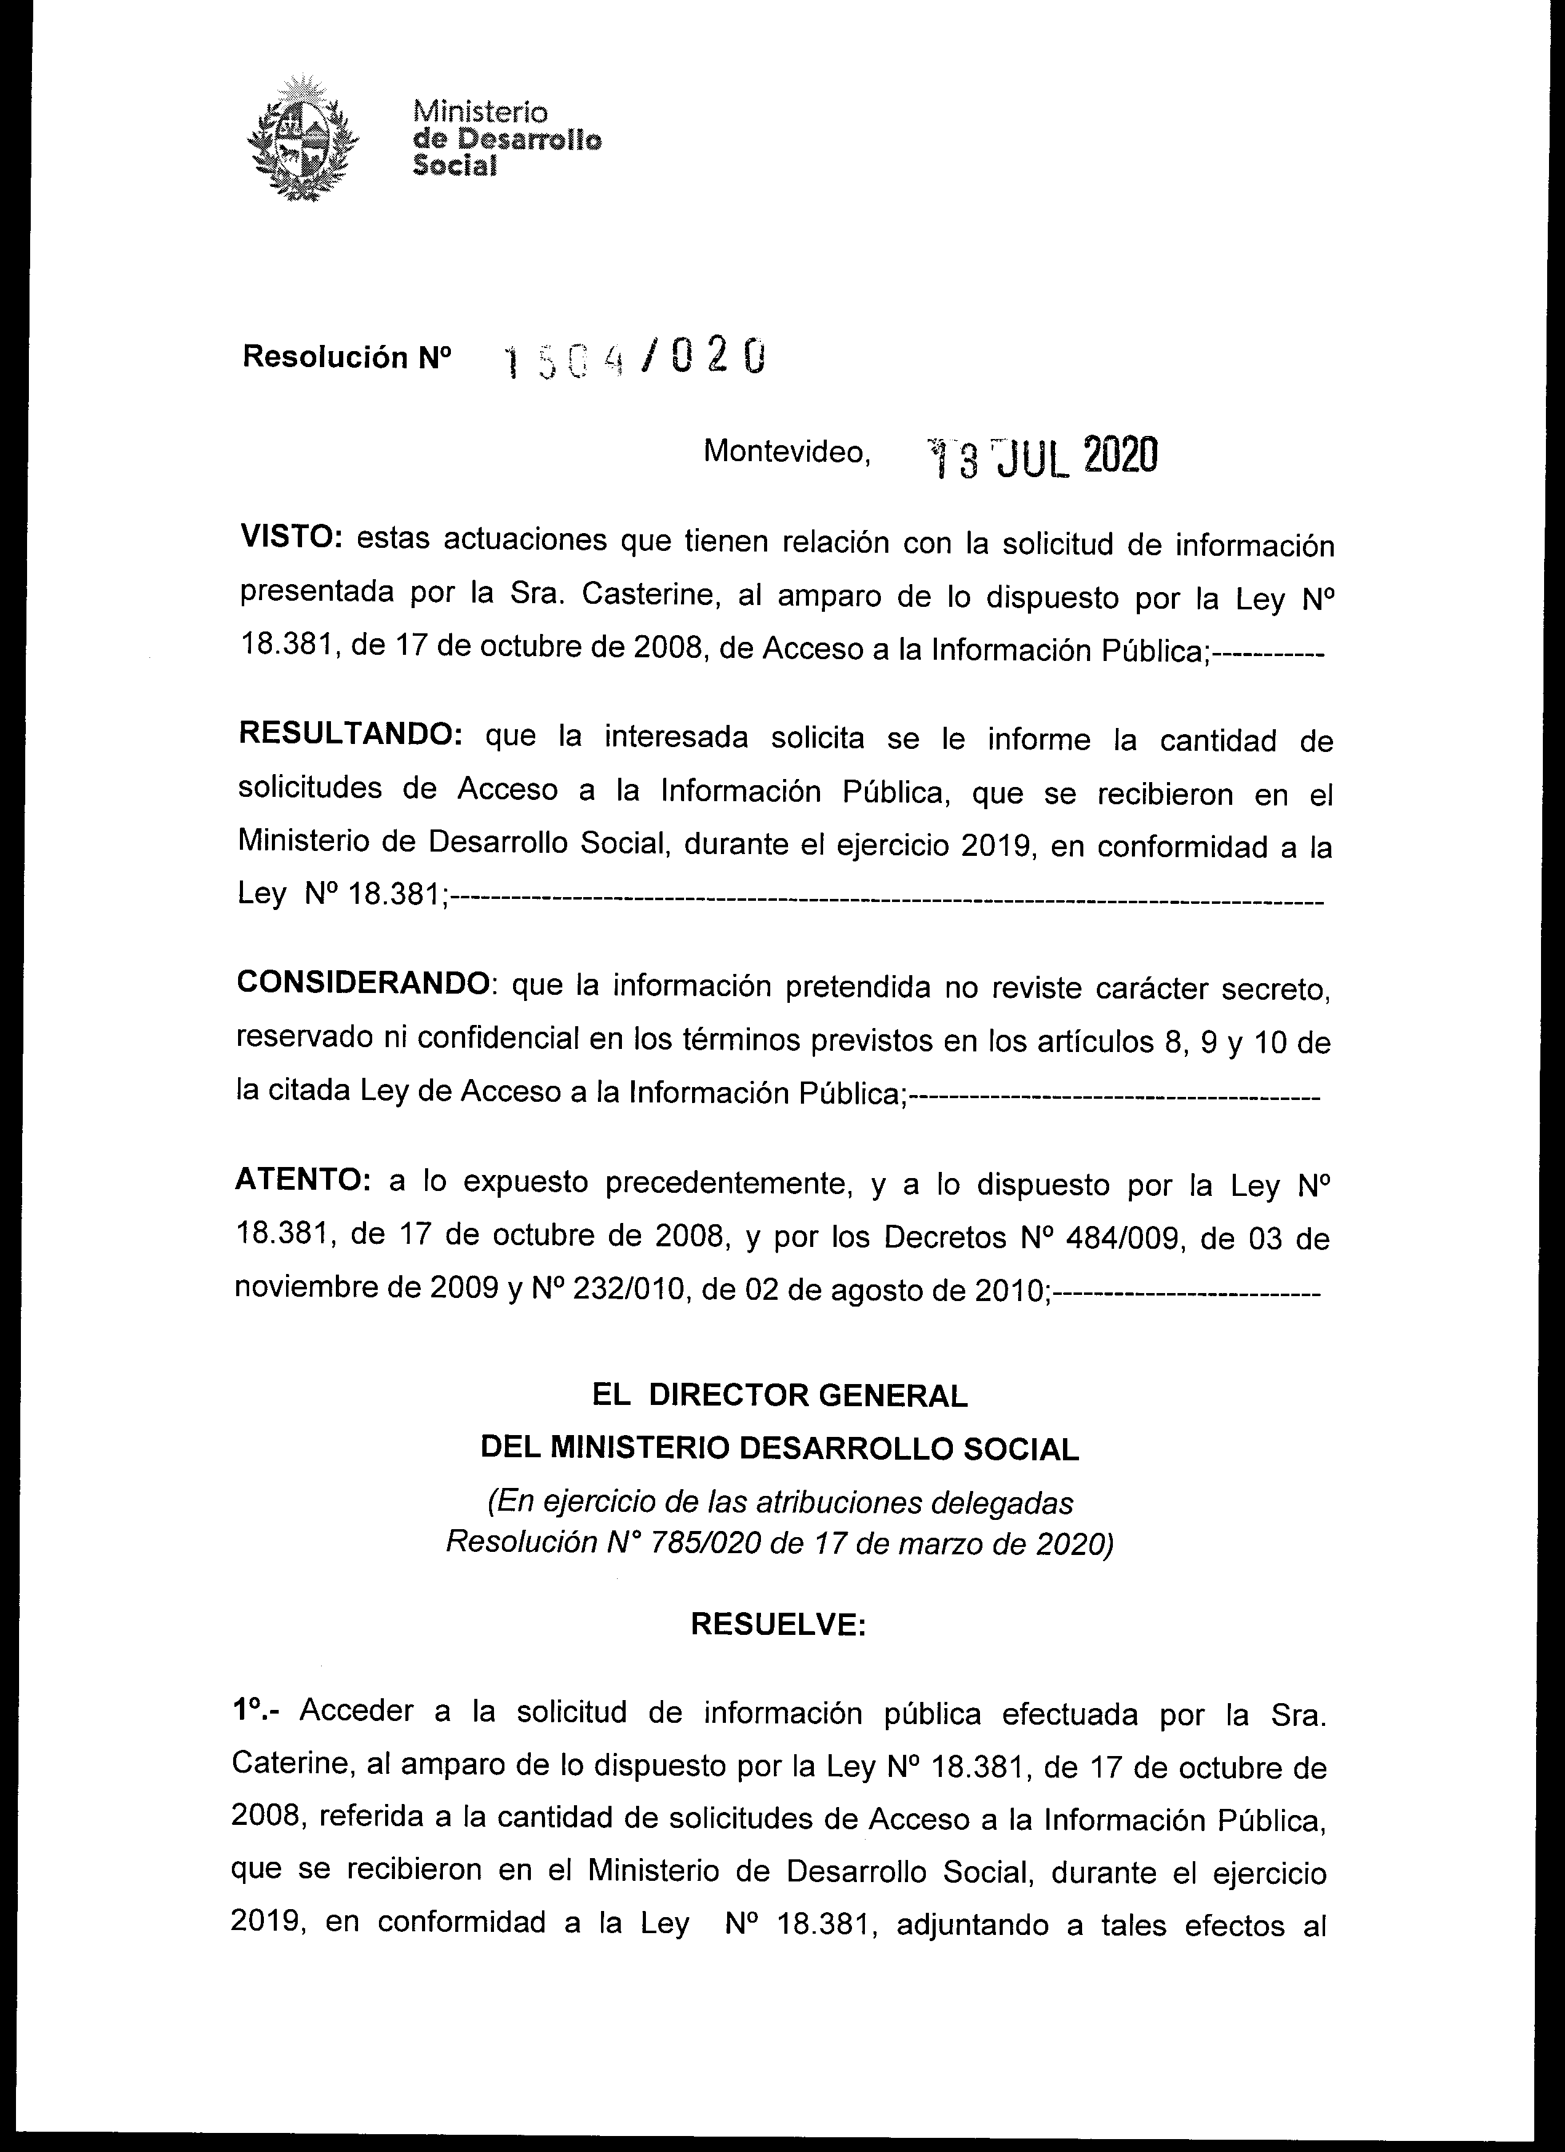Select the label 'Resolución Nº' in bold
pos(348,358)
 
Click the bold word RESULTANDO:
pos(349,735)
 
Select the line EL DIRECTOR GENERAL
pos(779,1395)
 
